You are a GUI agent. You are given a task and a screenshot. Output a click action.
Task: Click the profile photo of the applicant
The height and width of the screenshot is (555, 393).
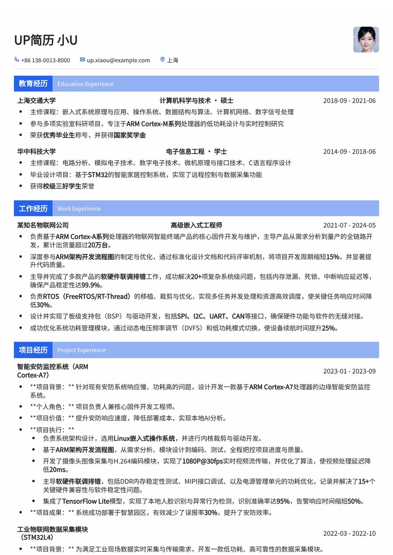click(366, 39)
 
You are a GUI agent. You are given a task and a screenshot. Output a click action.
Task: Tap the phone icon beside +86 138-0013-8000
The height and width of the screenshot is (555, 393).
click(17, 60)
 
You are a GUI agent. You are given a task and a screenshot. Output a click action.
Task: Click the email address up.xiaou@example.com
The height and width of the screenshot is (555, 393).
click(118, 60)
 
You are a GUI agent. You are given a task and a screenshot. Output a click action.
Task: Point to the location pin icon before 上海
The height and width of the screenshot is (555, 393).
click(163, 60)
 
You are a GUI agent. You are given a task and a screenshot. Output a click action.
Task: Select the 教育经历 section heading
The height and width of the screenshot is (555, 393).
click(33, 83)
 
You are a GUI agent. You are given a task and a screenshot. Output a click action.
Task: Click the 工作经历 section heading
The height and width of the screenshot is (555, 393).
click(33, 208)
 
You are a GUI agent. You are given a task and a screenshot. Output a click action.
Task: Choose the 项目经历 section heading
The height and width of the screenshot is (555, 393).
click(33, 350)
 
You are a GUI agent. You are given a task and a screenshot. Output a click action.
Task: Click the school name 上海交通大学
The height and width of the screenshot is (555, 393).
click(36, 101)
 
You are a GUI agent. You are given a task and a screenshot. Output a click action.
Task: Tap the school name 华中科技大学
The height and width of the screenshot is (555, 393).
click(36, 151)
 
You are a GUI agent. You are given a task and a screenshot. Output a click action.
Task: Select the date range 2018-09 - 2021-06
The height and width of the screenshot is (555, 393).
click(349, 101)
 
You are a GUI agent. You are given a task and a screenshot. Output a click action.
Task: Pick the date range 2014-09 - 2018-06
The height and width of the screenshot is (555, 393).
click(349, 151)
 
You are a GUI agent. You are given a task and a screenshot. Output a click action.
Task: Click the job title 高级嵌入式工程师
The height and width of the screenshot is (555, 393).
click(196, 225)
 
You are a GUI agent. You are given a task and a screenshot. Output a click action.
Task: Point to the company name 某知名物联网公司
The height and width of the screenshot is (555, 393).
click(43, 225)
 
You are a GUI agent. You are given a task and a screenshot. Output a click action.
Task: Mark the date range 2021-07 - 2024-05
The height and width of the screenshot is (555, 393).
click(349, 225)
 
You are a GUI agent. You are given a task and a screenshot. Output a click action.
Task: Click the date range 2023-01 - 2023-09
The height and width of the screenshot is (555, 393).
click(349, 371)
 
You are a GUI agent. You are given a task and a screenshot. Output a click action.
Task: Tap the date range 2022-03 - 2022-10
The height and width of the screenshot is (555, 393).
click(349, 533)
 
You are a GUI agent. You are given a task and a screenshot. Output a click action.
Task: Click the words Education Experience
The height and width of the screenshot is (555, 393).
click(85, 84)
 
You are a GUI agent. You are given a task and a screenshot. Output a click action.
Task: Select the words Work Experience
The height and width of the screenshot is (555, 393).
click(79, 209)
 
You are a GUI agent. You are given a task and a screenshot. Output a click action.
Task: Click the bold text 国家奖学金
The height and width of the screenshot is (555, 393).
click(130, 135)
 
